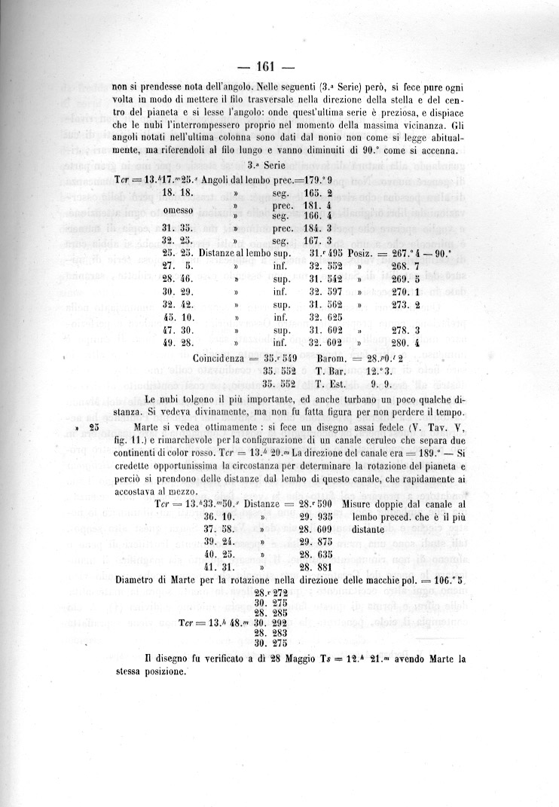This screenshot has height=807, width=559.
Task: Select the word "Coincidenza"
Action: (219, 359)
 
